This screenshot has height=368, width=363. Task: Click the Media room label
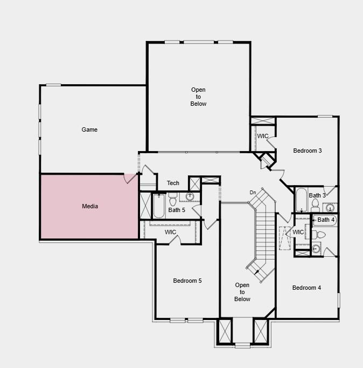coord(90,206)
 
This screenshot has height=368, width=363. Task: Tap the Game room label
coord(89,130)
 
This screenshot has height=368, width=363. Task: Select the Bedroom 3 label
coord(307,151)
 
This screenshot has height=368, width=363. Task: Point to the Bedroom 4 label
coord(306,288)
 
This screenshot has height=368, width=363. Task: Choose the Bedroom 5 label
coord(187,281)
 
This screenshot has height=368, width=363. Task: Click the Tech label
coord(173,183)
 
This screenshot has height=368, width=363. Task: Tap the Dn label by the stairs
coord(253,193)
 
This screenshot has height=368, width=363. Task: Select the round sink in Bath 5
coord(190,196)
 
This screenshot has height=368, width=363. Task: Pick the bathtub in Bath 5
coord(159,206)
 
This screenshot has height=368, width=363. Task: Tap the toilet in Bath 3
coord(316,205)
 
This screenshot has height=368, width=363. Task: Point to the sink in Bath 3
coord(330,208)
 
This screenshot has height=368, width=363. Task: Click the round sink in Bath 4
coord(316,249)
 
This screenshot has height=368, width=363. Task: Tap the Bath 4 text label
coord(326,220)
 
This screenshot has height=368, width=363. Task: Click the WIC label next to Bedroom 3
coord(262,136)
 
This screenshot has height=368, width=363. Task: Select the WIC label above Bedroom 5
coord(170,232)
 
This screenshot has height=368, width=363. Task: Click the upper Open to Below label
coord(198,97)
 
